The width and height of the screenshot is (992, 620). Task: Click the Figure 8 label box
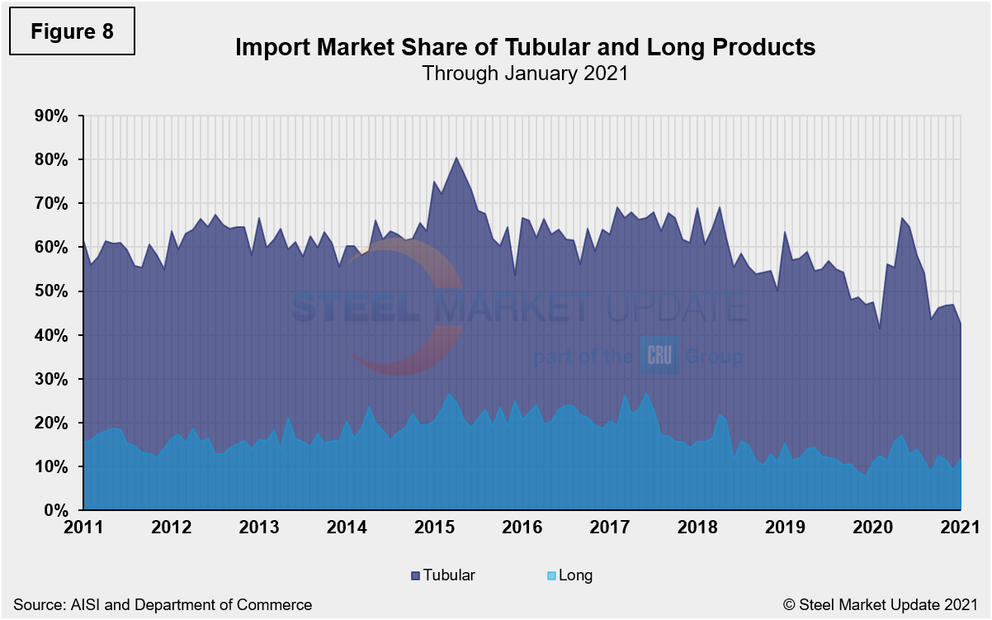point(70,31)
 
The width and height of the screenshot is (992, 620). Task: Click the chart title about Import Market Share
point(525,47)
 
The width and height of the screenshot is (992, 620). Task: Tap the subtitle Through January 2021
point(525,73)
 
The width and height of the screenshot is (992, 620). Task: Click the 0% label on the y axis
point(55,511)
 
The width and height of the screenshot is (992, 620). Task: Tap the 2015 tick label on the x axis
point(432,528)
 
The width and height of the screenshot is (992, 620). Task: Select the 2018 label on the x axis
point(695,528)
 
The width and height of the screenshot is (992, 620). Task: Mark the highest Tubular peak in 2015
point(456,158)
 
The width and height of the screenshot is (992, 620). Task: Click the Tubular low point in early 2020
point(880,329)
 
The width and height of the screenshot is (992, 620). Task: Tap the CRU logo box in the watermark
point(659,357)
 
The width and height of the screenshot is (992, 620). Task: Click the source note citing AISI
point(163,605)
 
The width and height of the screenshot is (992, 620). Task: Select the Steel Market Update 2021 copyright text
point(881,605)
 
